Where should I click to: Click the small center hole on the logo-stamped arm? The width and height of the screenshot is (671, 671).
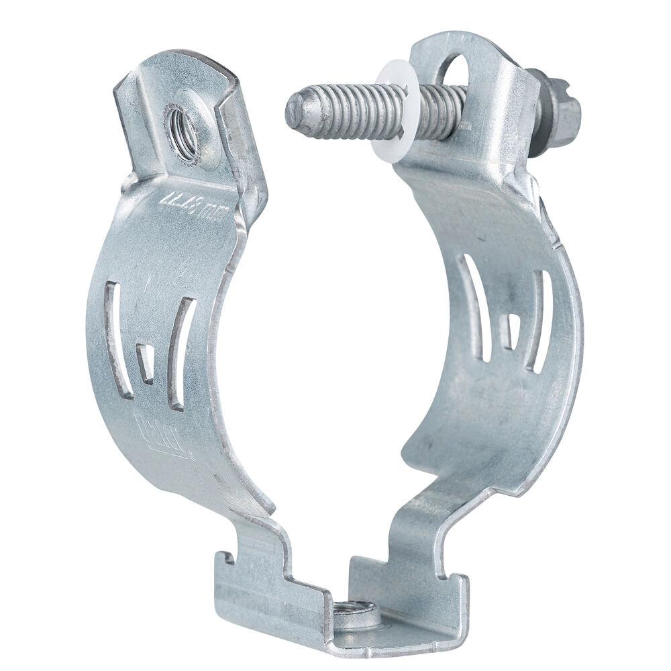click(x=145, y=363)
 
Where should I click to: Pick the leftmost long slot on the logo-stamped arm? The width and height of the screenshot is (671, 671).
click(x=113, y=329)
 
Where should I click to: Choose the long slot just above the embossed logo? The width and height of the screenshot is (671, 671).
click(x=180, y=352)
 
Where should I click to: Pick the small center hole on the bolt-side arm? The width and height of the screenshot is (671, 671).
click(x=511, y=331)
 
